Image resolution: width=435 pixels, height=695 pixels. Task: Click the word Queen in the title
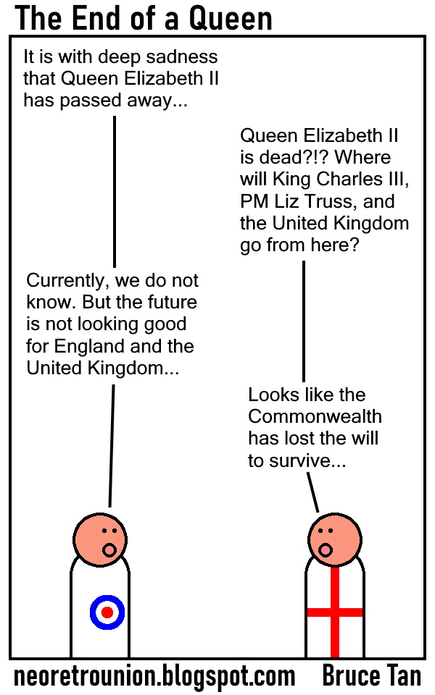pos(231,18)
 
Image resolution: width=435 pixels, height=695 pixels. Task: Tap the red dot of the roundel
pos(107,612)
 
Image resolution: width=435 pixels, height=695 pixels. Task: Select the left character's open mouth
pos(109,549)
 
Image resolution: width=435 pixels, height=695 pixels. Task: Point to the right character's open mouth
pos(324,550)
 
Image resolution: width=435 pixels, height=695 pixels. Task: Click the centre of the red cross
pos(335,612)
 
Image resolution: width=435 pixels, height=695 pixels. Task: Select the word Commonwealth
pos(315,417)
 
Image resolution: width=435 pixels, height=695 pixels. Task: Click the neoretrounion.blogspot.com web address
pos(154,676)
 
